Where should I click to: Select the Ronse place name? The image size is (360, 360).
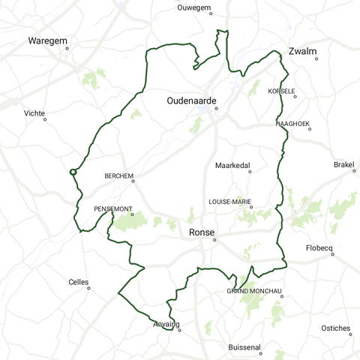point(202,232)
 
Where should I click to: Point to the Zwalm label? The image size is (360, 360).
point(302,52)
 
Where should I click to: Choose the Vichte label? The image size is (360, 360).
point(34,113)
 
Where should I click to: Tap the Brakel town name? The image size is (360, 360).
point(344,164)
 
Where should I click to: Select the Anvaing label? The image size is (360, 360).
point(166,324)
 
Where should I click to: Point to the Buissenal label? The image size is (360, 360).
point(245,347)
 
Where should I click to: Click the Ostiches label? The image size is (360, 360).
point(335,328)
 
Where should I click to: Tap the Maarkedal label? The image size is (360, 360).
point(232,165)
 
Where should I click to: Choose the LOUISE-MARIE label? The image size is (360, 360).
point(229,202)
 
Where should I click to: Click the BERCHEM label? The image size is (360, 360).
point(118,176)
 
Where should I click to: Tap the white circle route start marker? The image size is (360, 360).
point(73,172)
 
